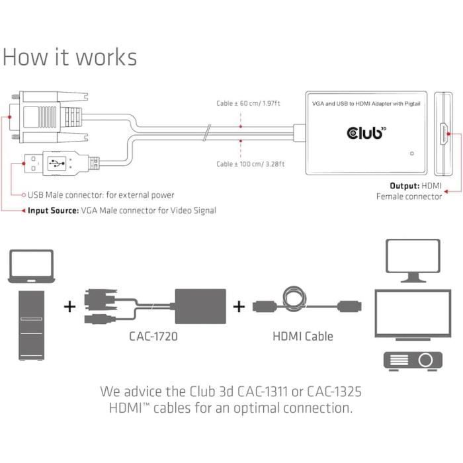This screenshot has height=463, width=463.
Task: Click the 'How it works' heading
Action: click(69, 57)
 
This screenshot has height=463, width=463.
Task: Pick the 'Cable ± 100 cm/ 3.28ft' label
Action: click(251, 163)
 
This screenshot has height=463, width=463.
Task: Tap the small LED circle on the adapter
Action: click(413, 154)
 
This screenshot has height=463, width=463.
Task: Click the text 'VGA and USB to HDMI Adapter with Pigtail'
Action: click(366, 105)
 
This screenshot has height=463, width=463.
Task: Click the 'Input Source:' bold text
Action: click(52, 210)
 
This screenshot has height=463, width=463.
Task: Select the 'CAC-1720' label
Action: click(153, 336)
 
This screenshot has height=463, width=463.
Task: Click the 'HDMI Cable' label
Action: click(303, 336)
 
